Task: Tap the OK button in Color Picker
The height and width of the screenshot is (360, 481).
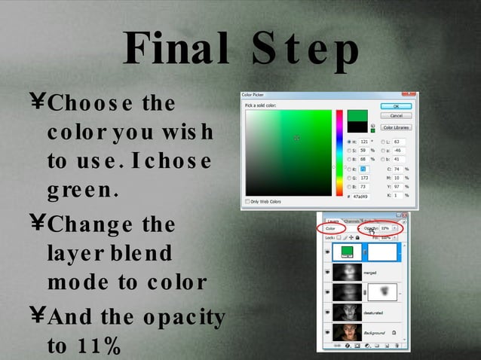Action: (x=395, y=106)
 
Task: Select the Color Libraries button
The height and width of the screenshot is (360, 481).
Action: (x=395, y=127)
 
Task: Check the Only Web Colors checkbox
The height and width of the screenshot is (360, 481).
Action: (x=247, y=201)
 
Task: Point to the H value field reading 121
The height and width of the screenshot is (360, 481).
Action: (x=364, y=141)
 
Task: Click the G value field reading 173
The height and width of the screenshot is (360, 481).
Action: (x=364, y=177)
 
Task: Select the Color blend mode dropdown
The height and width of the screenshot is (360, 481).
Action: (x=332, y=227)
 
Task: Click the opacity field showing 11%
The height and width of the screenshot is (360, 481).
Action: (x=384, y=227)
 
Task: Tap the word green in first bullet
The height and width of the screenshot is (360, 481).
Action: (x=81, y=191)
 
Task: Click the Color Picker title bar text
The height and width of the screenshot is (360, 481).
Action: (x=253, y=95)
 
